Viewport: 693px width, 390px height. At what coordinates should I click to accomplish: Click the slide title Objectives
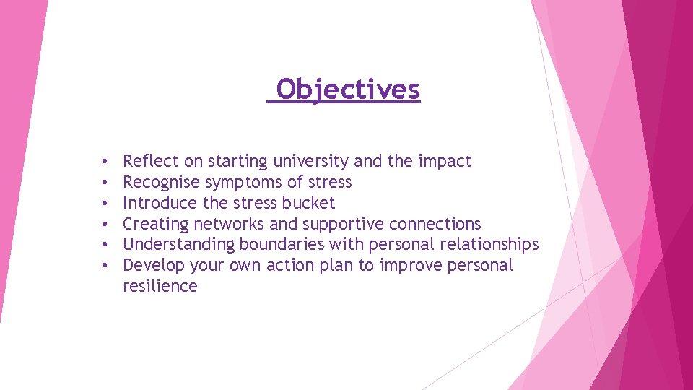point(347,90)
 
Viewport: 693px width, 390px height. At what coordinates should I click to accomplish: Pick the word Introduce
point(160,203)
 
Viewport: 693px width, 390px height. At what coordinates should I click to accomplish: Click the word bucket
point(308,203)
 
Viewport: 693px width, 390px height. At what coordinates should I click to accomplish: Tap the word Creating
point(155,224)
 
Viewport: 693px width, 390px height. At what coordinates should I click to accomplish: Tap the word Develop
point(154,266)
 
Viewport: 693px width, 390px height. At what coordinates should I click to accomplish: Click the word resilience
point(160,286)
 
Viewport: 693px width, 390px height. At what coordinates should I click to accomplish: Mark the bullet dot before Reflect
point(105,162)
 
